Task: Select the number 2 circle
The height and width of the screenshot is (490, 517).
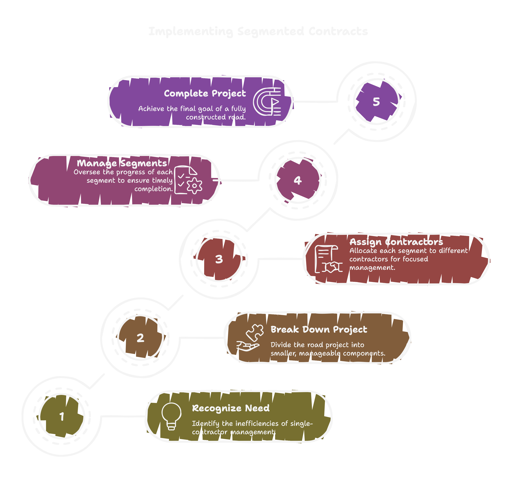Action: pos(140,338)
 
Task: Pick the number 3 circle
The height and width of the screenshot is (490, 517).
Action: pos(219,259)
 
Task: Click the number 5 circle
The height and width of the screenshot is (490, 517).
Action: pos(376,102)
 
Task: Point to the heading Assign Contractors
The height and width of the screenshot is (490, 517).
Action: pos(396,242)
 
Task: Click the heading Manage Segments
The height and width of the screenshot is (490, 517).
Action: pos(122,163)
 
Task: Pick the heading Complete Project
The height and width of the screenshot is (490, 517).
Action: pos(205,93)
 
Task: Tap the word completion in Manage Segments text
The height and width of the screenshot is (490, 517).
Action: pos(154,189)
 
